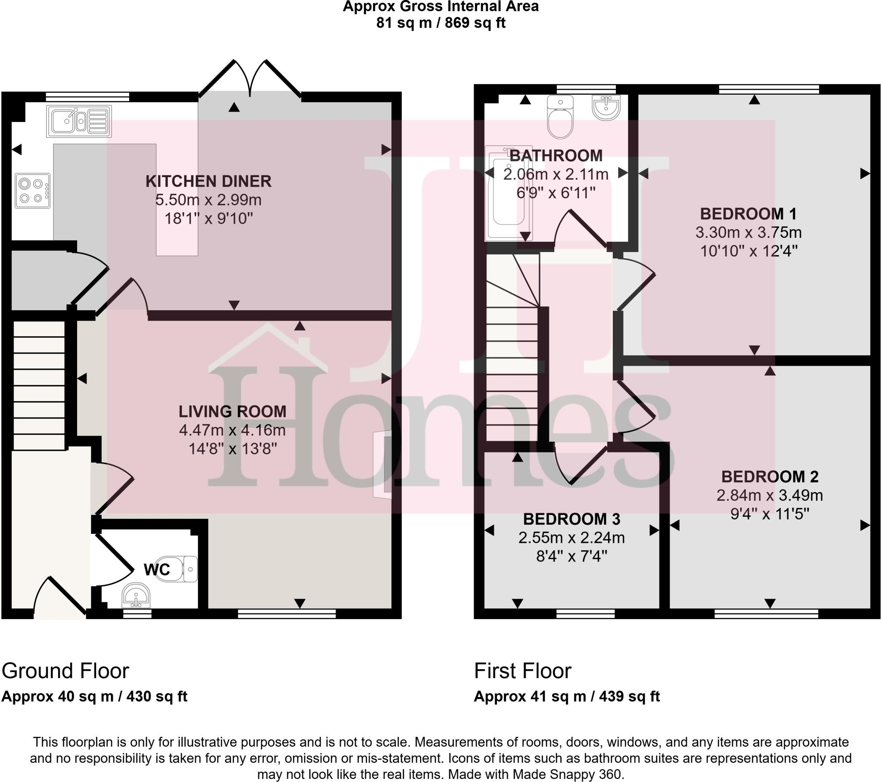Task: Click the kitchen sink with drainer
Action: click(78, 121)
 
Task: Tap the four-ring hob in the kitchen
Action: click(32, 190)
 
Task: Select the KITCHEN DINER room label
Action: click(208, 181)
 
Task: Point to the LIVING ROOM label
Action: click(232, 411)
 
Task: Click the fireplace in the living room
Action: click(383, 464)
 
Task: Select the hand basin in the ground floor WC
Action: click(137, 596)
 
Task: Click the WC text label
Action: click(157, 570)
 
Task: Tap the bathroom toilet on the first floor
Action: click(560, 117)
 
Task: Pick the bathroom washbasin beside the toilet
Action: click(606, 107)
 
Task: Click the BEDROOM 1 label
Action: click(748, 214)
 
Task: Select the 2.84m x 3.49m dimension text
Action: click(770, 495)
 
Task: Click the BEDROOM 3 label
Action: click(571, 519)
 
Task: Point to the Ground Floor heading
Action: click(65, 671)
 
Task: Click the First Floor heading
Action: click(522, 671)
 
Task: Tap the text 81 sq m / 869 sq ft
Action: click(441, 22)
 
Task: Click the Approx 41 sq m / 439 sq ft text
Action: click(567, 697)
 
